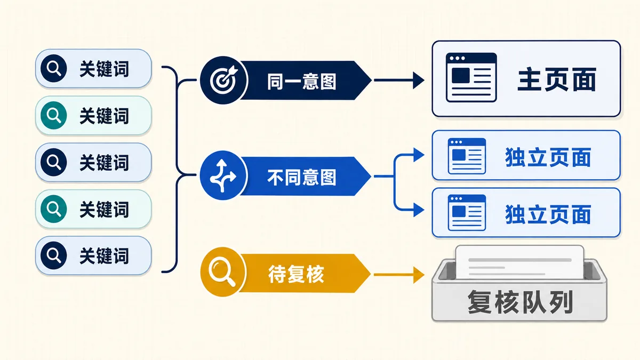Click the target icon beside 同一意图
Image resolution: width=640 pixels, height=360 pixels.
tap(223, 80)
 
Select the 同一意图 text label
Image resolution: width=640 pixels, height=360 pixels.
tap(301, 82)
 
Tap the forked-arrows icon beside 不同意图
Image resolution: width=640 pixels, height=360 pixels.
tap(223, 175)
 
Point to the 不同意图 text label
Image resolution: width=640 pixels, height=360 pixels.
tap(301, 177)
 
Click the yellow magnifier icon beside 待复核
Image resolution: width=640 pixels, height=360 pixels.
tap(222, 271)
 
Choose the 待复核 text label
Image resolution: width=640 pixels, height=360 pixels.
tap(296, 274)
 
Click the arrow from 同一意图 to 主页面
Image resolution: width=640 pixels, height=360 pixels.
tap(399, 81)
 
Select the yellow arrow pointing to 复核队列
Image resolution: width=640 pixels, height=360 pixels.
tap(399, 275)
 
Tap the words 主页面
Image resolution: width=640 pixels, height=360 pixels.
tap(557, 79)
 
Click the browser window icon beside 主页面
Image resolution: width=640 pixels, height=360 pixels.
tap(471, 77)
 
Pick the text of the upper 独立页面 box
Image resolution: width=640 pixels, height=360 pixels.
tap(548, 157)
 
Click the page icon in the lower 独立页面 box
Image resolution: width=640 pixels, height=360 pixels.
tap(467, 213)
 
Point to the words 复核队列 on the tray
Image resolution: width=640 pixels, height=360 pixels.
tap(520, 302)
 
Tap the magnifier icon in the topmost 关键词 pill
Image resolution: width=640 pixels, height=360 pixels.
tap(54, 69)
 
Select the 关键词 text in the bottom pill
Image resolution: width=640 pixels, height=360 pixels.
tap(105, 255)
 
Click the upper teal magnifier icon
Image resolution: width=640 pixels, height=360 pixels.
tap(54, 115)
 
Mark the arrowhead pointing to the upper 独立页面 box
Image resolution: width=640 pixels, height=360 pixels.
tap(419, 155)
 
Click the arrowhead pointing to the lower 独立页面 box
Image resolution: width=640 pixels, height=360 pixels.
tap(419, 210)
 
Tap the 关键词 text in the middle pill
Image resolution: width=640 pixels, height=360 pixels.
tap(105, 163)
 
